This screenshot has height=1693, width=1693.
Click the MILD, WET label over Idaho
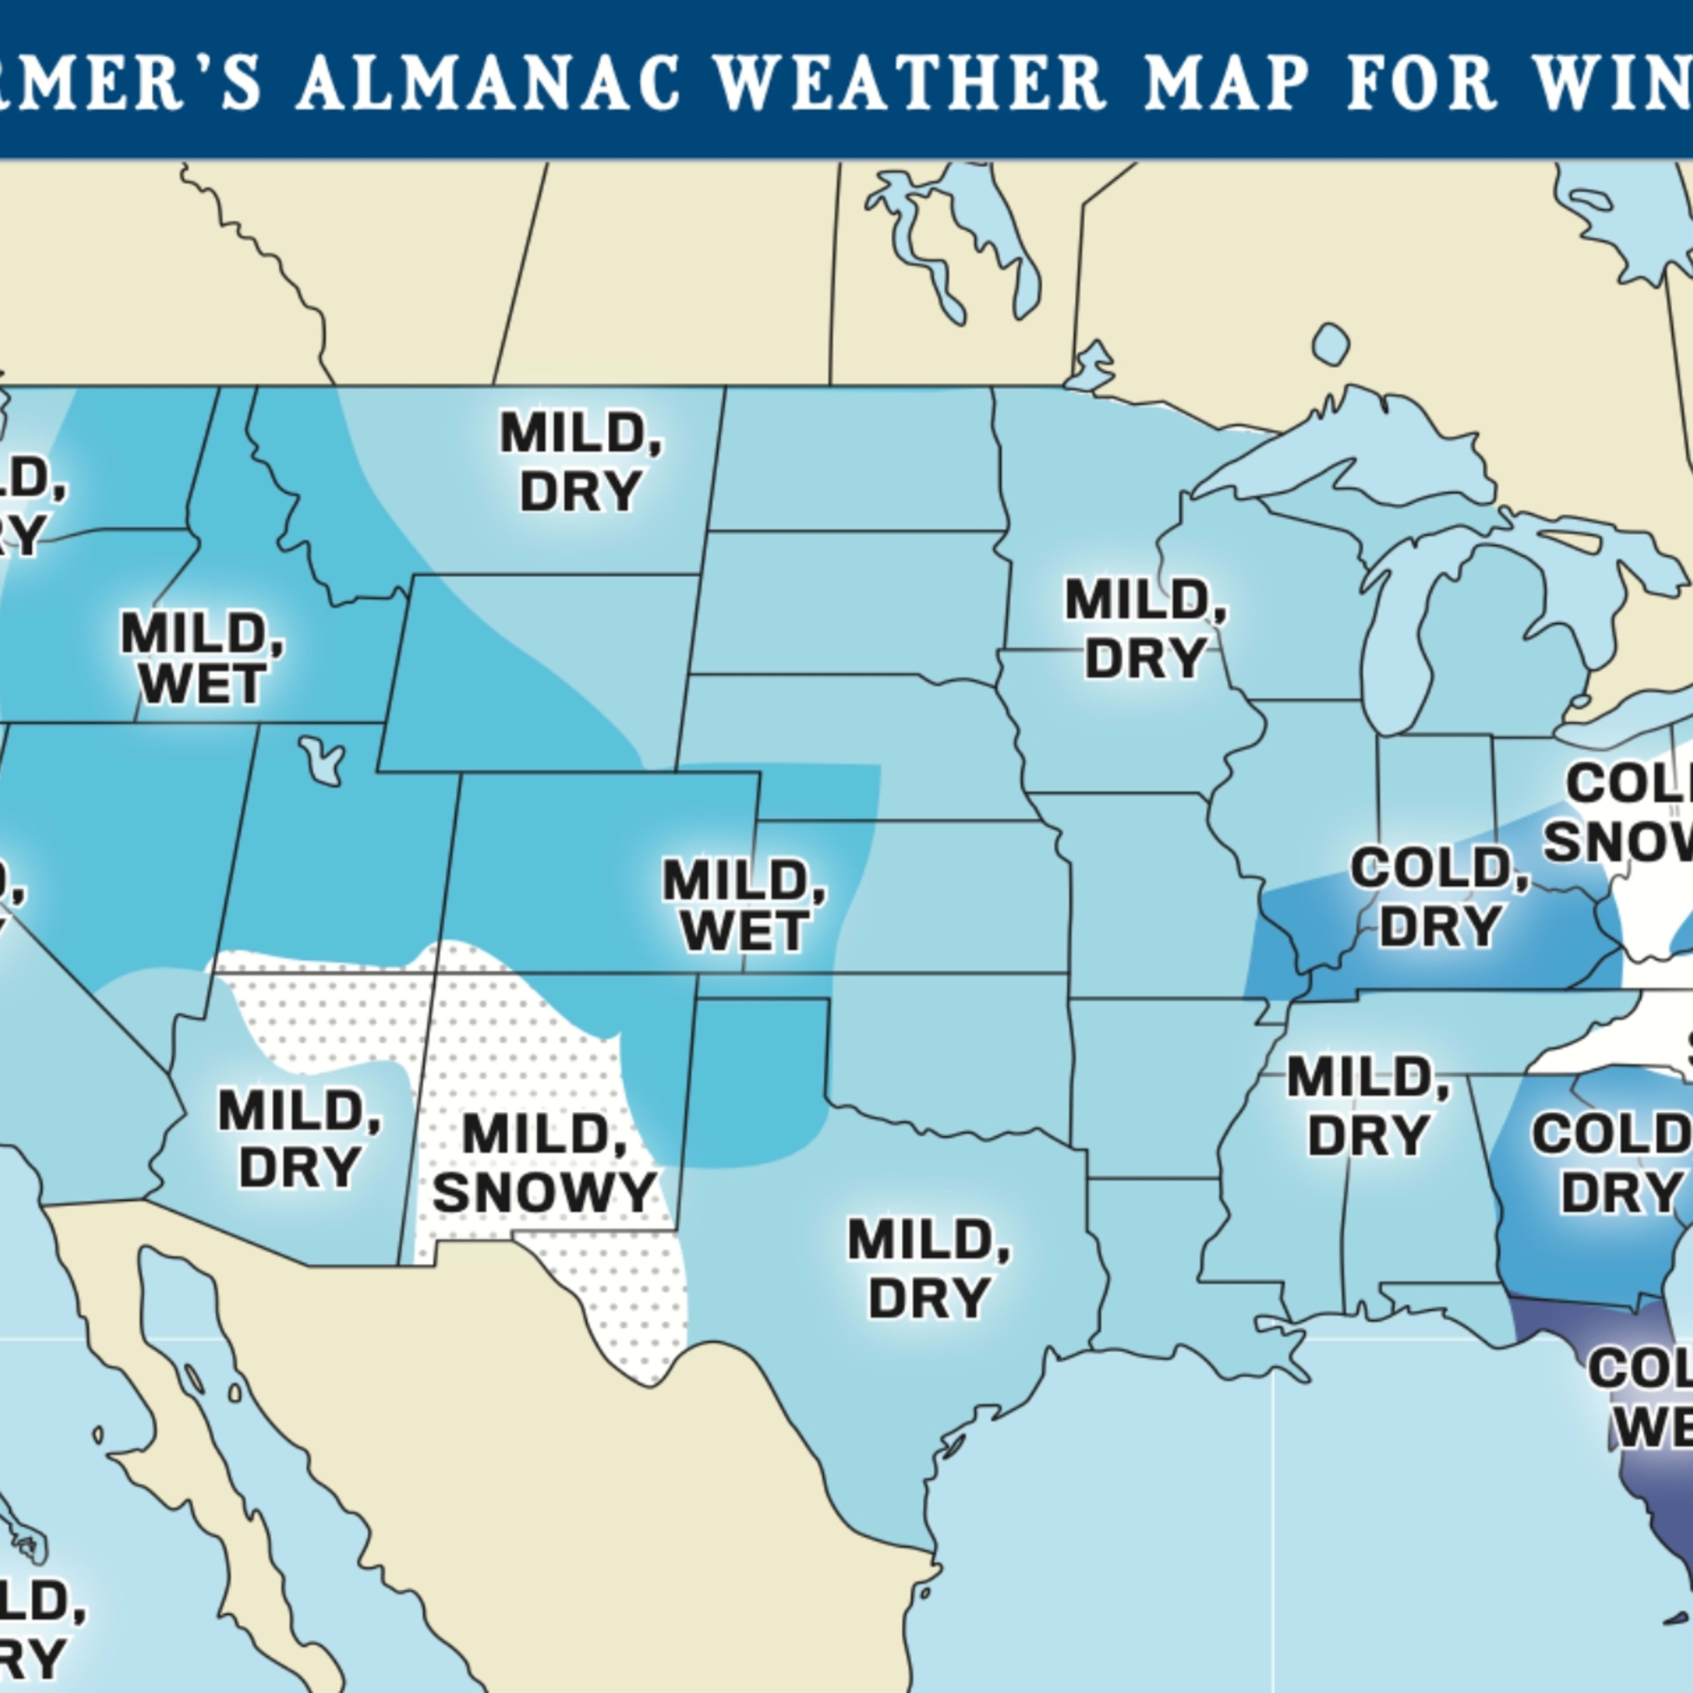(x=201, y=659)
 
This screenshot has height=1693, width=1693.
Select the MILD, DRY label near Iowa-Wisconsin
(x=1145, y=629)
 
